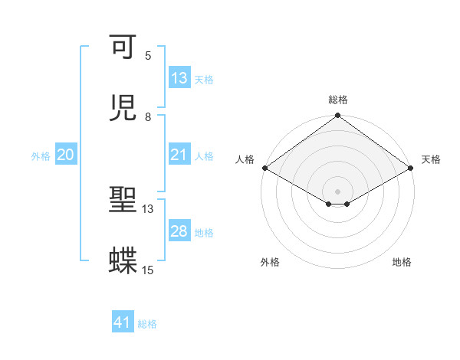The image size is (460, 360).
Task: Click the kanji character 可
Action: [x=123, y=48]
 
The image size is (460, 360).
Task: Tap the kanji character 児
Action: [x=123, y=109]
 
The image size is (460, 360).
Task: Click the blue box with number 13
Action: [x=179, y=78]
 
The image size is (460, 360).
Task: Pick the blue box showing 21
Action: [x=179, y=155]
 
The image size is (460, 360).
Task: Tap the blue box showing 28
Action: [x=179, y=231]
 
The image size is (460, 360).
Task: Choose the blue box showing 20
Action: [x=66, y=155]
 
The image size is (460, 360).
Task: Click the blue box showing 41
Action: [x=123, y=323]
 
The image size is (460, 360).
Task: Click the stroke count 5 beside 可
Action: [x=148, y=56]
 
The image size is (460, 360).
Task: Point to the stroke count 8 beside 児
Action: [x=148, y=116]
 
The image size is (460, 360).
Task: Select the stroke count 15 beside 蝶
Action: [x=148, y=270]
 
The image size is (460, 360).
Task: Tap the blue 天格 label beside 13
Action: [x=204, y=79]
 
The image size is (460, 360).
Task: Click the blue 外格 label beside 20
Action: [x=41, y=155]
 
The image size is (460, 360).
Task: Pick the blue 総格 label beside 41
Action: [x=147, y=324]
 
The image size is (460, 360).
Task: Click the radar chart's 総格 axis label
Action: [x=338, y=100]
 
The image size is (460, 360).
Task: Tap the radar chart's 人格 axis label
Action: [x=245, y=159]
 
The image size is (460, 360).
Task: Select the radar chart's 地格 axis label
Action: [x=402, y=262]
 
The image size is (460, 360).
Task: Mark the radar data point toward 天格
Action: [x=411, y=168]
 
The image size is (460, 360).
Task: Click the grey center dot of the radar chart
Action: [x=338, y=191]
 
